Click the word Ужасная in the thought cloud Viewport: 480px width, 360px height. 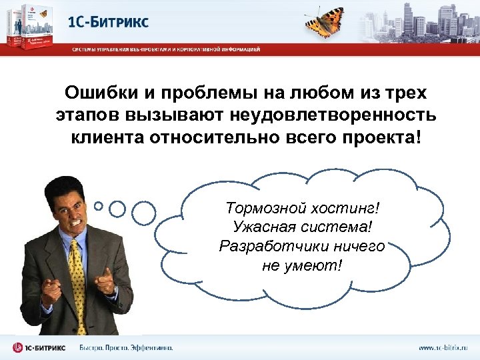(263, 227)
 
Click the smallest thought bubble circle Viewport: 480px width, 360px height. (99, 206)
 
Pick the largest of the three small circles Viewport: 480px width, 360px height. (143, 213)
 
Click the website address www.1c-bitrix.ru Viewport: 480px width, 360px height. (443, 347)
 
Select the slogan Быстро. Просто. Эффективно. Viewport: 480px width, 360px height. (126, 347)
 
